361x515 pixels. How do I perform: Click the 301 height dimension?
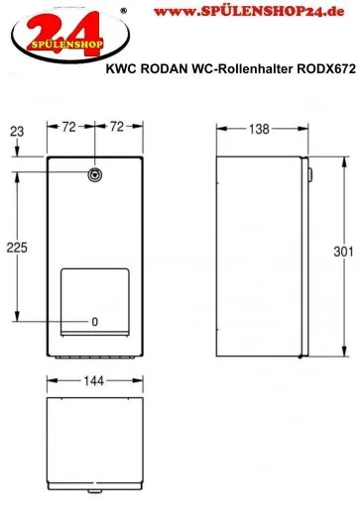pyautogui.click(x=343, y=252)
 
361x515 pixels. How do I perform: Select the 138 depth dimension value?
pyautogui.click(x=259, y=129)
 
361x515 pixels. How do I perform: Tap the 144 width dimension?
pyautogui.click(x=94, y=381)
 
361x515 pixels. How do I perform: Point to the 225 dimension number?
pyautogui.click(x=17, y=248)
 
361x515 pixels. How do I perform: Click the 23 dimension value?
pyautogui.click(x=17, y=132)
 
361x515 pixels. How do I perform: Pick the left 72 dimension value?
pyautogui.click(x=69, y=127)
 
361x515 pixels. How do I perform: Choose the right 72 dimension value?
pyautogui.click(x=117, y=127)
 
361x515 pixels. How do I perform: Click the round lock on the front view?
pyautogui.click(x=95, y=174)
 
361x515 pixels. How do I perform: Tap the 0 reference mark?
pyautogui.click(x=95, y=322)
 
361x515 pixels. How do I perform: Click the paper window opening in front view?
pyautogui.click(x=95, y=302)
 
